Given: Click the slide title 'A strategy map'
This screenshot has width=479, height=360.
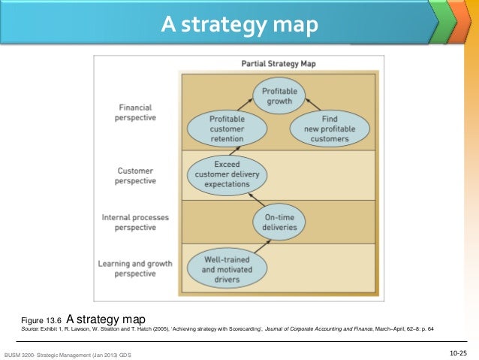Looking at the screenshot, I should tap(239, 26).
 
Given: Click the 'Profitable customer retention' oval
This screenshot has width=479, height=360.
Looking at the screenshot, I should tap(227, 129).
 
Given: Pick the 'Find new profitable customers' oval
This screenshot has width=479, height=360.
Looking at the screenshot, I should tap(330, 129).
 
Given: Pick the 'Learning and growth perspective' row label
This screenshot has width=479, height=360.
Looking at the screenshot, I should tap(135, 269).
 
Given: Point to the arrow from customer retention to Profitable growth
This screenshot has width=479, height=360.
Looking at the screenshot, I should tap(250, 108).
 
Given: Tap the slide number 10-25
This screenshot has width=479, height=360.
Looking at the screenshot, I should tap(458, 352).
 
